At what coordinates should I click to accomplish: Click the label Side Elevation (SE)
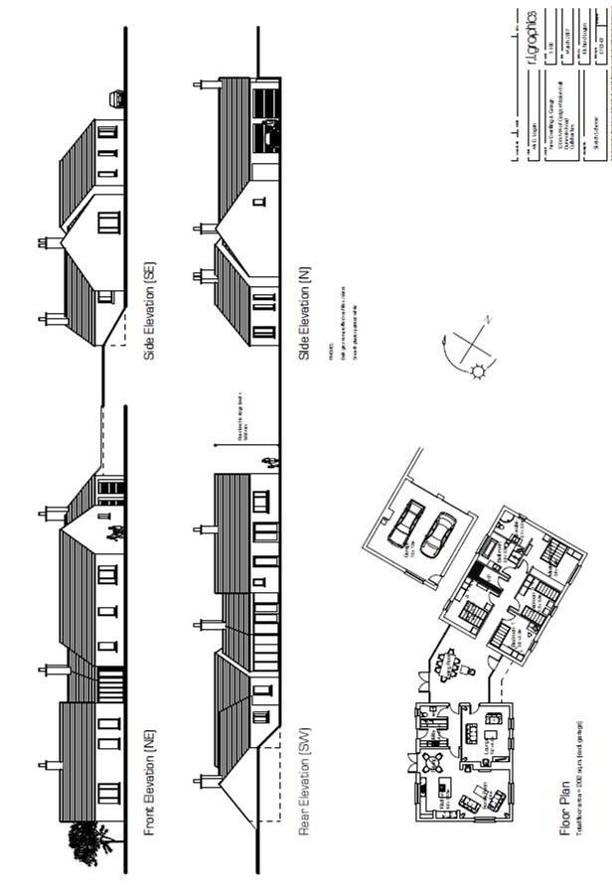pyautogui.click(x=150, y=309)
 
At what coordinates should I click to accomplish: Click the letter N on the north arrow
pyautogui.click(x=486, y=321)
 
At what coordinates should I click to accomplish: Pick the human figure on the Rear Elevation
pyautogui.click(x=266, y=462)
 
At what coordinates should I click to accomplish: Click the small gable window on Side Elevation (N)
pyautogui.click(x=259, y=202)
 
